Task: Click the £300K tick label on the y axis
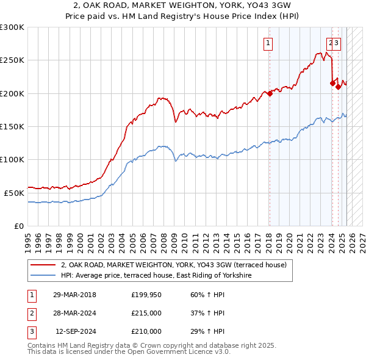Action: click(x=12, y=27)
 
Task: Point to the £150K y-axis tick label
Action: click(x=12, y=126)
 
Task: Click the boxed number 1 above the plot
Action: click(x=268, y=43)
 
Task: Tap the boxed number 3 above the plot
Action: click(x=337, y=43)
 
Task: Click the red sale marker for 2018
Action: click(x=269, y=93)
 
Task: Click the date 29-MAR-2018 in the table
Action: click(x=74, y=295)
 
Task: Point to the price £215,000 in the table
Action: click(x=146, y=313)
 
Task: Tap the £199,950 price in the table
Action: click(x=146, y=295)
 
